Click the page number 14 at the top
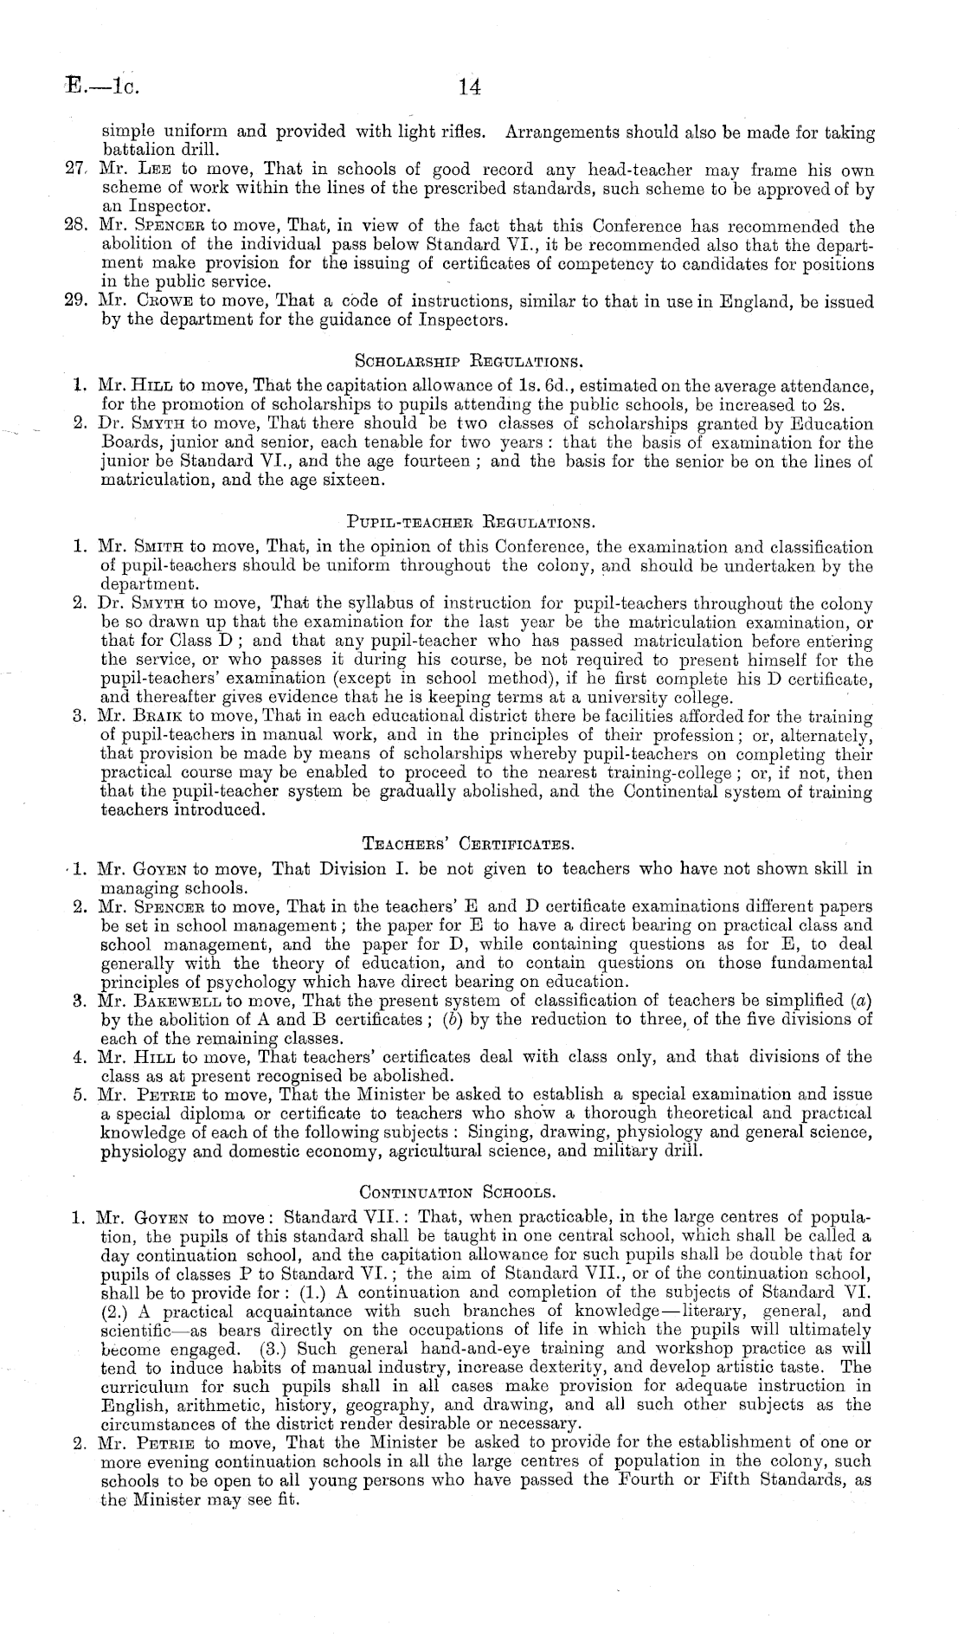click(x=470, y=87)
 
